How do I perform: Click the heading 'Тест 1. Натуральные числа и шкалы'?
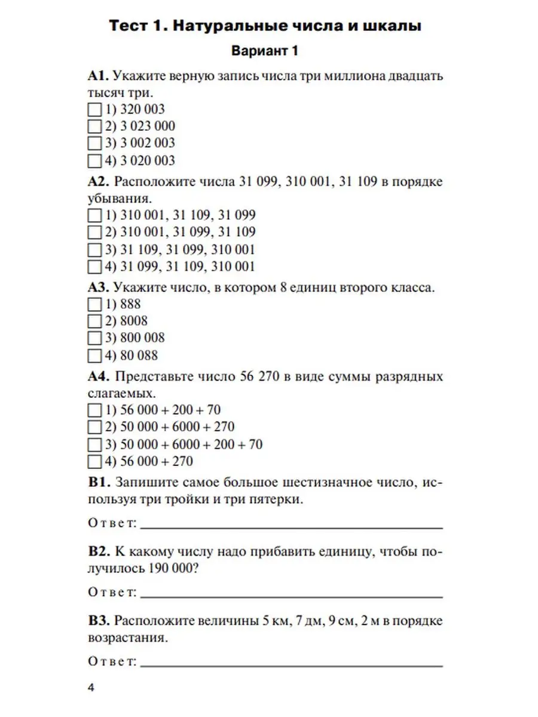265,26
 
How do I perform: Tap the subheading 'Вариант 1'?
265,51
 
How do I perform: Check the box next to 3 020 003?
94,161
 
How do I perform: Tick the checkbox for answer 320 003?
94,110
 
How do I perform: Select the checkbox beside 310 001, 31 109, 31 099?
94,215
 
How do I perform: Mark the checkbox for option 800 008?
94,338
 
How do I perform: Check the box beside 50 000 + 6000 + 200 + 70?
94,445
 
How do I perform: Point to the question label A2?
97,182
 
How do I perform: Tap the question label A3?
97,287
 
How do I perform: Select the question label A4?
97,377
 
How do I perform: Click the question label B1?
97,482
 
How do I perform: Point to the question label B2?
97,551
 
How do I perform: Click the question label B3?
97,620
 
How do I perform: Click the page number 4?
91,688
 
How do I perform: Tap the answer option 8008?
134,321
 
